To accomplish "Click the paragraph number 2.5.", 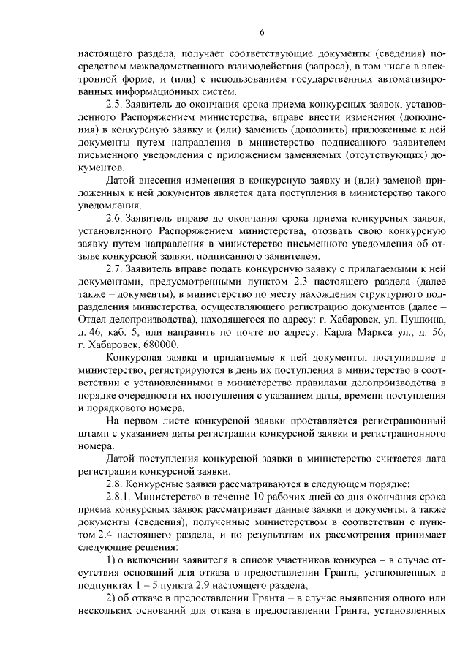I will click(x=114, y=105).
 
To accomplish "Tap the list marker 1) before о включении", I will click(x=111, y=560).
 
